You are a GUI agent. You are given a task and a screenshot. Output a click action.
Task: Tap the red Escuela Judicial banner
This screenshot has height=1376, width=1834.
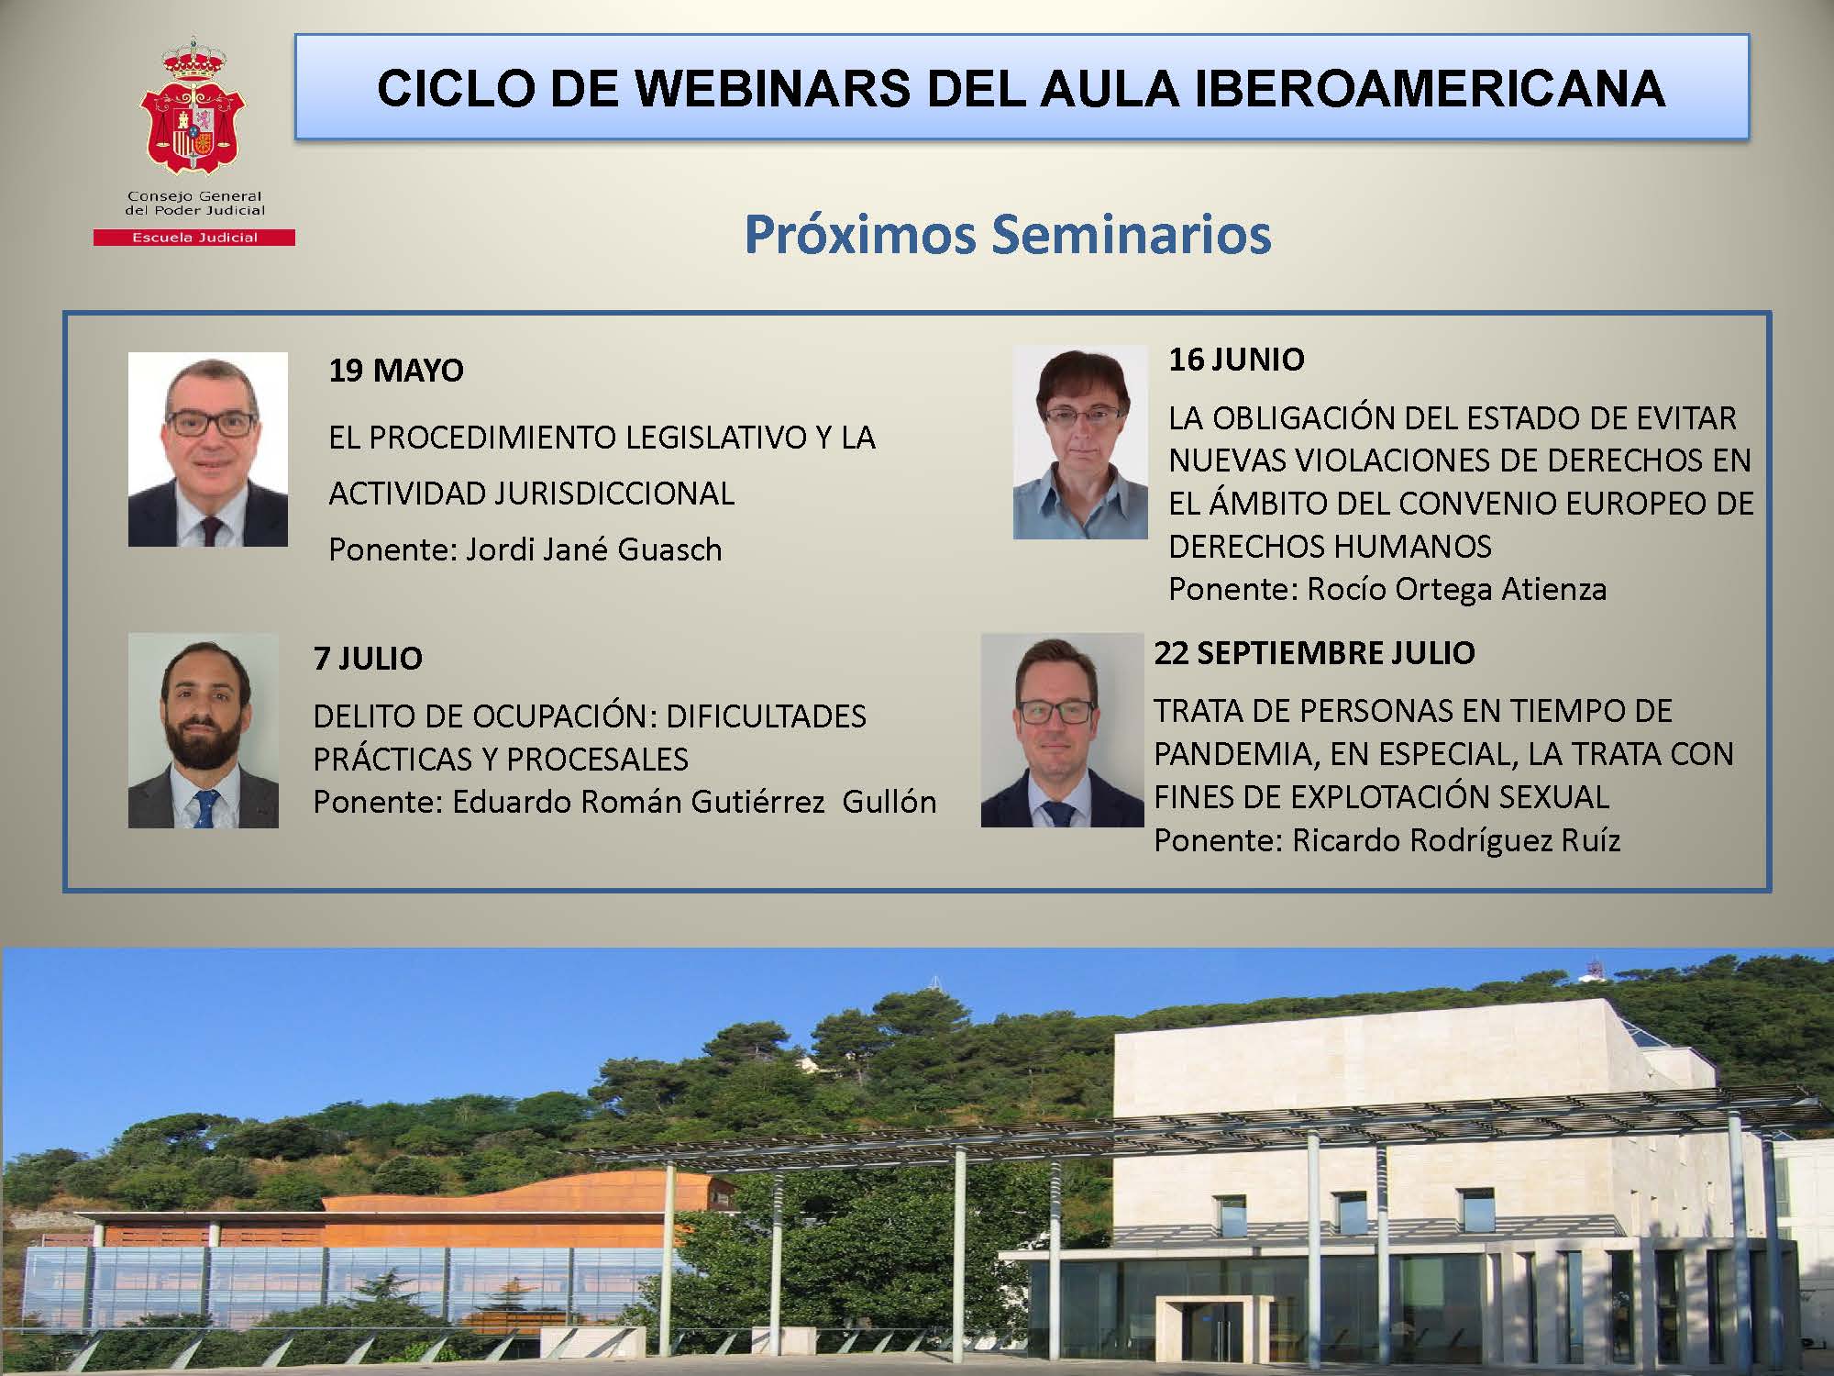[193, 238]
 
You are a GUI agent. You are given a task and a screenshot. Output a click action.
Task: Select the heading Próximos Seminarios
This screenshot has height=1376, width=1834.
[1007, 234]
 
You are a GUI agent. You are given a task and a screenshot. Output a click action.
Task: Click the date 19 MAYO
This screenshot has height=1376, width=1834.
[396, 371]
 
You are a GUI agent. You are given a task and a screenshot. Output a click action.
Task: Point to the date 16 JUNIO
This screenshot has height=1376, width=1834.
[1236, 360]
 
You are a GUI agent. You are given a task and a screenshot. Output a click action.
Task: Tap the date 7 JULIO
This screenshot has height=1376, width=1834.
[368, 659]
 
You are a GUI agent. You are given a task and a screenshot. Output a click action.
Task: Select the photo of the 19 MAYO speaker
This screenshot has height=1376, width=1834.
[208, 449]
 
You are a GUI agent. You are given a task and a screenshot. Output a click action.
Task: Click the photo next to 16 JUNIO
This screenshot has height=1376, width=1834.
[1080, 441]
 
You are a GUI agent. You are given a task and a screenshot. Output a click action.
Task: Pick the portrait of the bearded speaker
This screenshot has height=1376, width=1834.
[204, 730]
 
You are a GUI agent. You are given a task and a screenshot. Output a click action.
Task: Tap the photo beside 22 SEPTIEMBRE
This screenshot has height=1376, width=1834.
[1062, 730]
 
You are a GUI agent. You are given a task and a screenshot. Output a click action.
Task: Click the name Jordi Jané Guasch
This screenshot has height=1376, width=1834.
[594, 549]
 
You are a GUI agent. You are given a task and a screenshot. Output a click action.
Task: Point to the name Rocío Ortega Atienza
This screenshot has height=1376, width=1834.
[1456, 589]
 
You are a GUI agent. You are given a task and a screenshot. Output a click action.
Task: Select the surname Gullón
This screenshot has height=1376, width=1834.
[889, 802]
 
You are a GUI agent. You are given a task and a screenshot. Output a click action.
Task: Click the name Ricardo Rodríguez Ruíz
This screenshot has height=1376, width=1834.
[1456, 840]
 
